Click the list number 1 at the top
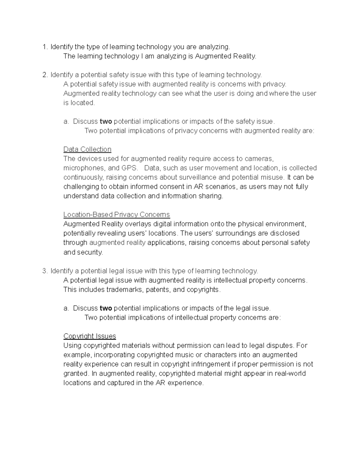[x=45, y=47]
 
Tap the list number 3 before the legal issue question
[x=45, y=271]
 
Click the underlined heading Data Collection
[x=87, y=149]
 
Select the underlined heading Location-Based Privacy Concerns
[x=116, y=215]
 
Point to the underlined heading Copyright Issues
[x=90, y=336]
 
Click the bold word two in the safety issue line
[x=106, y=122]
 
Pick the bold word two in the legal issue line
[x=106, y=308]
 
